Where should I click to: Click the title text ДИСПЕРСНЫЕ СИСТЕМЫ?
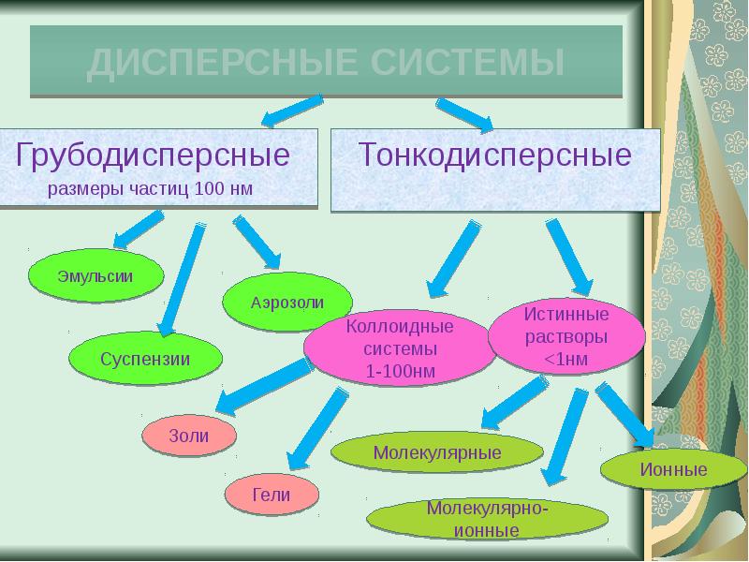[326, 63]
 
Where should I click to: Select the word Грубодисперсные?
[153, 155]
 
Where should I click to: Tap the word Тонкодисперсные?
[495, 155]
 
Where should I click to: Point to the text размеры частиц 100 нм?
[150, 189]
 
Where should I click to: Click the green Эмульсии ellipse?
[96, 275]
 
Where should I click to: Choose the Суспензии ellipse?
[145, 359]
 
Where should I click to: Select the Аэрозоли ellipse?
[287, 302]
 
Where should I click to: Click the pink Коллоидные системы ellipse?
[400, 348]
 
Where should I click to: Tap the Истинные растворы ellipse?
[566, 336]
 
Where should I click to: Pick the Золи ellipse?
[189, 436]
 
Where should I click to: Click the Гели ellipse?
[272, 495]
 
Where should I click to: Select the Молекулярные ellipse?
[437, 452]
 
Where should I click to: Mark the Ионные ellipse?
[673, 469]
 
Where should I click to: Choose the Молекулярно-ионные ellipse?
[487, 519]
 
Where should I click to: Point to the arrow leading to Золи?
[264, 386]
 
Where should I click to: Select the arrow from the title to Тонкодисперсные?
[465, 114]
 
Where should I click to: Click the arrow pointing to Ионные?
[625, 415]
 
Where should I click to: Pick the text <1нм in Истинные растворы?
[566, 359]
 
